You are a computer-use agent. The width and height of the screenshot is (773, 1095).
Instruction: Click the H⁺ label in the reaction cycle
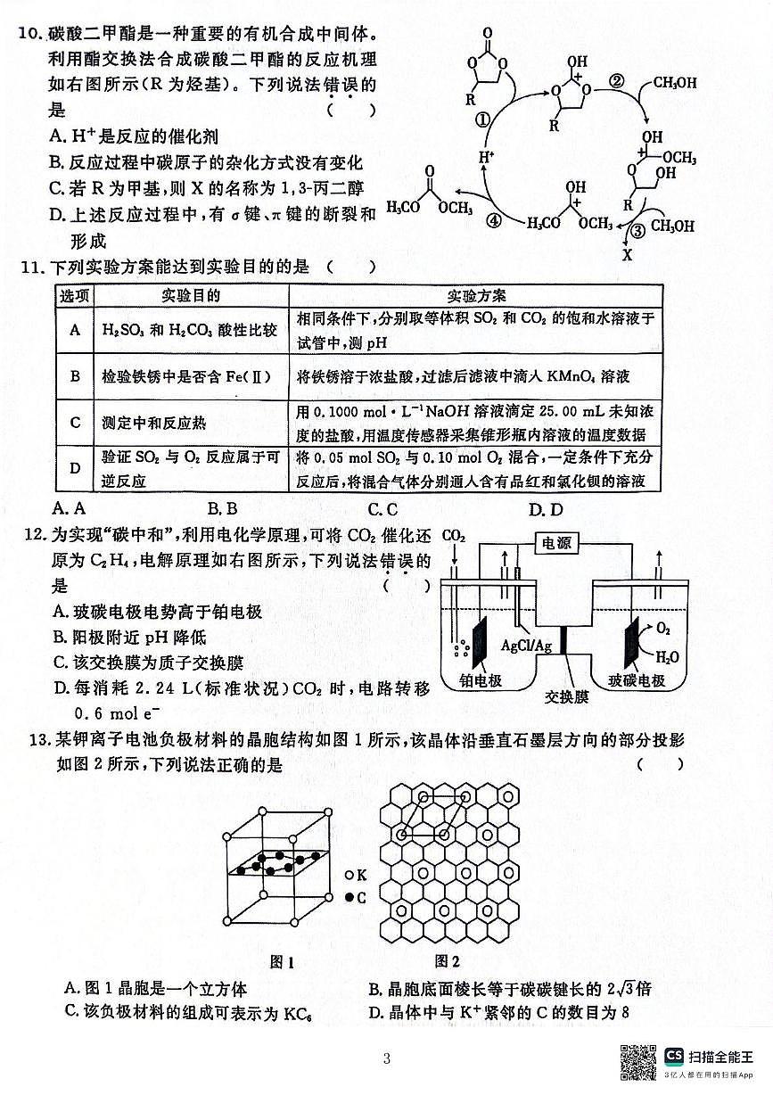[486, 160]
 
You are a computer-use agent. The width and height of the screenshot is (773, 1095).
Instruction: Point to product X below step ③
[626, 254]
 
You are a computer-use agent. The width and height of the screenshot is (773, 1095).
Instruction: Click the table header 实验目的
[191, 295]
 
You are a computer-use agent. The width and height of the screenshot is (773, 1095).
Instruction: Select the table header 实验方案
[476, 295]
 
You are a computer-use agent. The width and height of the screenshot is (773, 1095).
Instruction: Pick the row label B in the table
[75, 375]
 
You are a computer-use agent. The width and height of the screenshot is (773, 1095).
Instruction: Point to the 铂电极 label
[481, 680]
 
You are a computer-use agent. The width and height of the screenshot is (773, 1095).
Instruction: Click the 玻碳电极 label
[637, 680]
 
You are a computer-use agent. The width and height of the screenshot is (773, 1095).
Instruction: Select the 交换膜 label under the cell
[566, 697]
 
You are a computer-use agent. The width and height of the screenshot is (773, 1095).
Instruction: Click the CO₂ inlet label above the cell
[453, 536]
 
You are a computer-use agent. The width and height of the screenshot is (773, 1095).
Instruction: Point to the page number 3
[386, 1059]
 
